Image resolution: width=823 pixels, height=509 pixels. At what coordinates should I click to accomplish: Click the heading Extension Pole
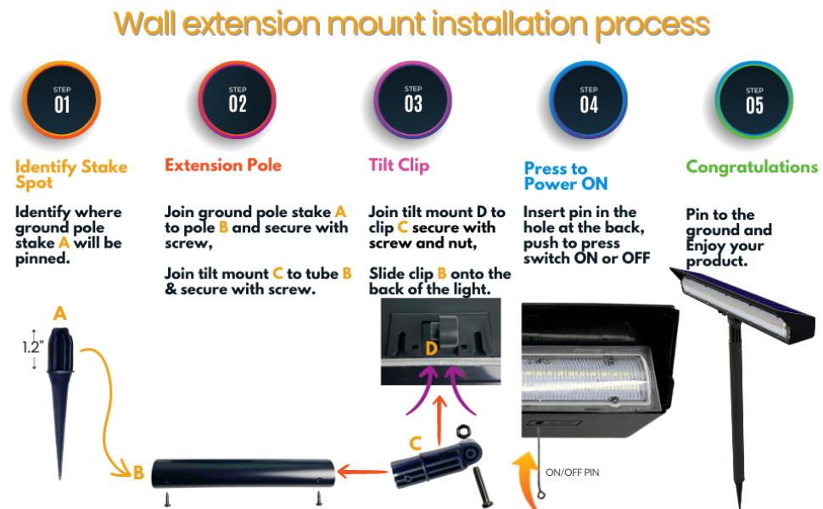(x=223, y=165)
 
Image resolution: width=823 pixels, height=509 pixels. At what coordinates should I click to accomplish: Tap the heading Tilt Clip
(x=399, y=165)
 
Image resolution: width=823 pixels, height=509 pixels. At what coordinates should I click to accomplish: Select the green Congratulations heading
(x=752, y=167)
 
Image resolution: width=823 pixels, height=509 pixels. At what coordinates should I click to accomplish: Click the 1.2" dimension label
(x=32, y=346)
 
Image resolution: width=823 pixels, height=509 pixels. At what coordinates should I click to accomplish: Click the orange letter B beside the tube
(x=137, y=473)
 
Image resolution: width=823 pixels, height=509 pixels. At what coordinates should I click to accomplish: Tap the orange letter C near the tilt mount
(x=415, y=443)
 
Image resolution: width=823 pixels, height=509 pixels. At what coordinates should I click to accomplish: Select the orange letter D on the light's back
(x=433, y=348)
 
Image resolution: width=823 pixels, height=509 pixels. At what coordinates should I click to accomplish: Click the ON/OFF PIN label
(x=572, y=472)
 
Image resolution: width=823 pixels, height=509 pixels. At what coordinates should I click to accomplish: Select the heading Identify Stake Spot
(x=71, y=174)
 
